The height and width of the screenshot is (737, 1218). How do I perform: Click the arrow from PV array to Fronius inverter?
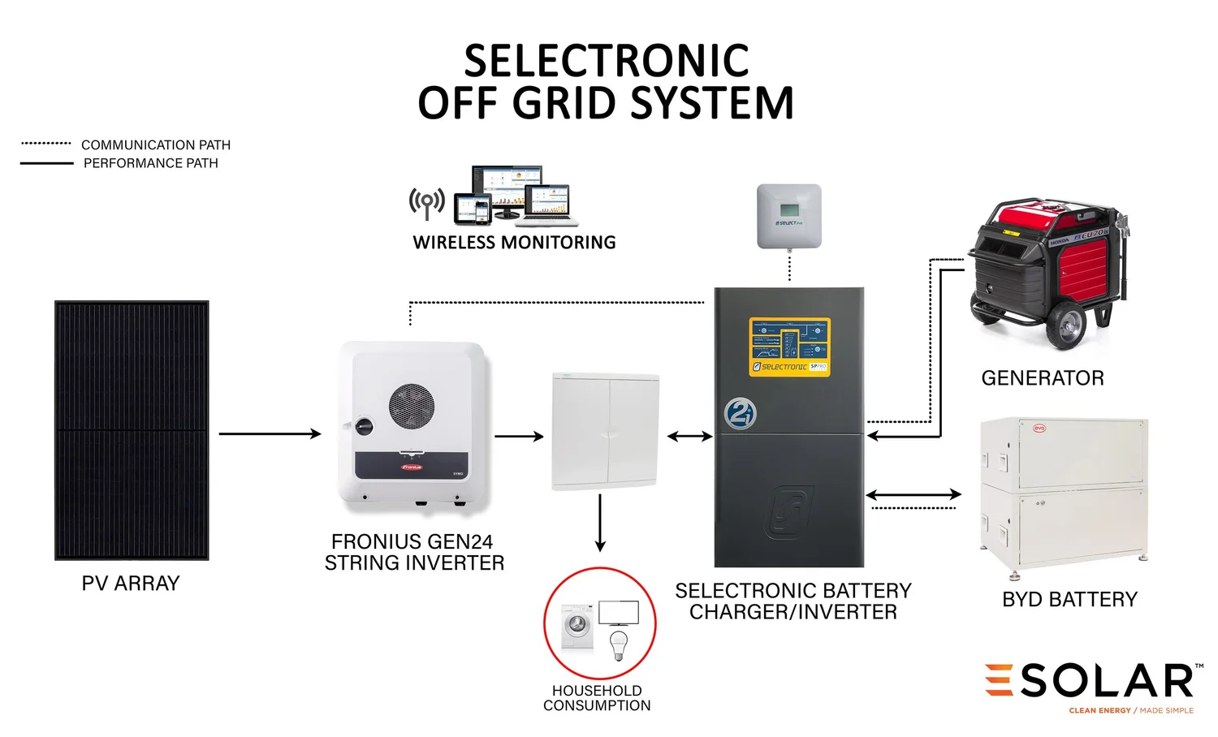[x=270, y=433]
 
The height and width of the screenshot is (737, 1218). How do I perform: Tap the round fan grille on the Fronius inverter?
[x=412, y=407]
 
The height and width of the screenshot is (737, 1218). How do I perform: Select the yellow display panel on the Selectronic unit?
[x=789, y=347]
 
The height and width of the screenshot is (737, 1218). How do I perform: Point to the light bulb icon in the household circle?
[x=620, y=644]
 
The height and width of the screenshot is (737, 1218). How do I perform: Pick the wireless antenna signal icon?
[x=427, y=202]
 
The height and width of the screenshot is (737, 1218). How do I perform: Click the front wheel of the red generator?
[x=1066, y=326]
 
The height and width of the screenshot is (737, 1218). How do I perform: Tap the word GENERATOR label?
[x=1043, y=378]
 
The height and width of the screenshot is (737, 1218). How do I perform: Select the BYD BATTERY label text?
[x=1069, y=600]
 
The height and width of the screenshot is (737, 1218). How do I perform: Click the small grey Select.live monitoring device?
[x=789, y=216]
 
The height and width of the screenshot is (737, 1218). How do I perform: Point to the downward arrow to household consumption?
[x=600, y=523]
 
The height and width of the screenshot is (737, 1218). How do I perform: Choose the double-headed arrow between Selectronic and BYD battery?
[x=914, y=493]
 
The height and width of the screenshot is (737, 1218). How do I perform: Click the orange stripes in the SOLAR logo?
[x=999, y=679]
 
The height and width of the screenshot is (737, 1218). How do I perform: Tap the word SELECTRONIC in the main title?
[x=607, y=61]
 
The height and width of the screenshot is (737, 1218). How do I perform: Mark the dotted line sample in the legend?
[x=46, y=144]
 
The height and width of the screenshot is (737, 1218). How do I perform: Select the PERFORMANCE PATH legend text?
[x=151, y=163]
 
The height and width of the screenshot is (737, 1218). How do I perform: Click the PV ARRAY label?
[x=131, y=584]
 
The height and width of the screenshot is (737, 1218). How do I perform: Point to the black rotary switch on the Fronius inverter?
[x=363, y=425]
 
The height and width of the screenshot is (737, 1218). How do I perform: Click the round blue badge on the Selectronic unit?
[x=740, y=414]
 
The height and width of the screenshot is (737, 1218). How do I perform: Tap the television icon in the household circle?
[x=619, y=613]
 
